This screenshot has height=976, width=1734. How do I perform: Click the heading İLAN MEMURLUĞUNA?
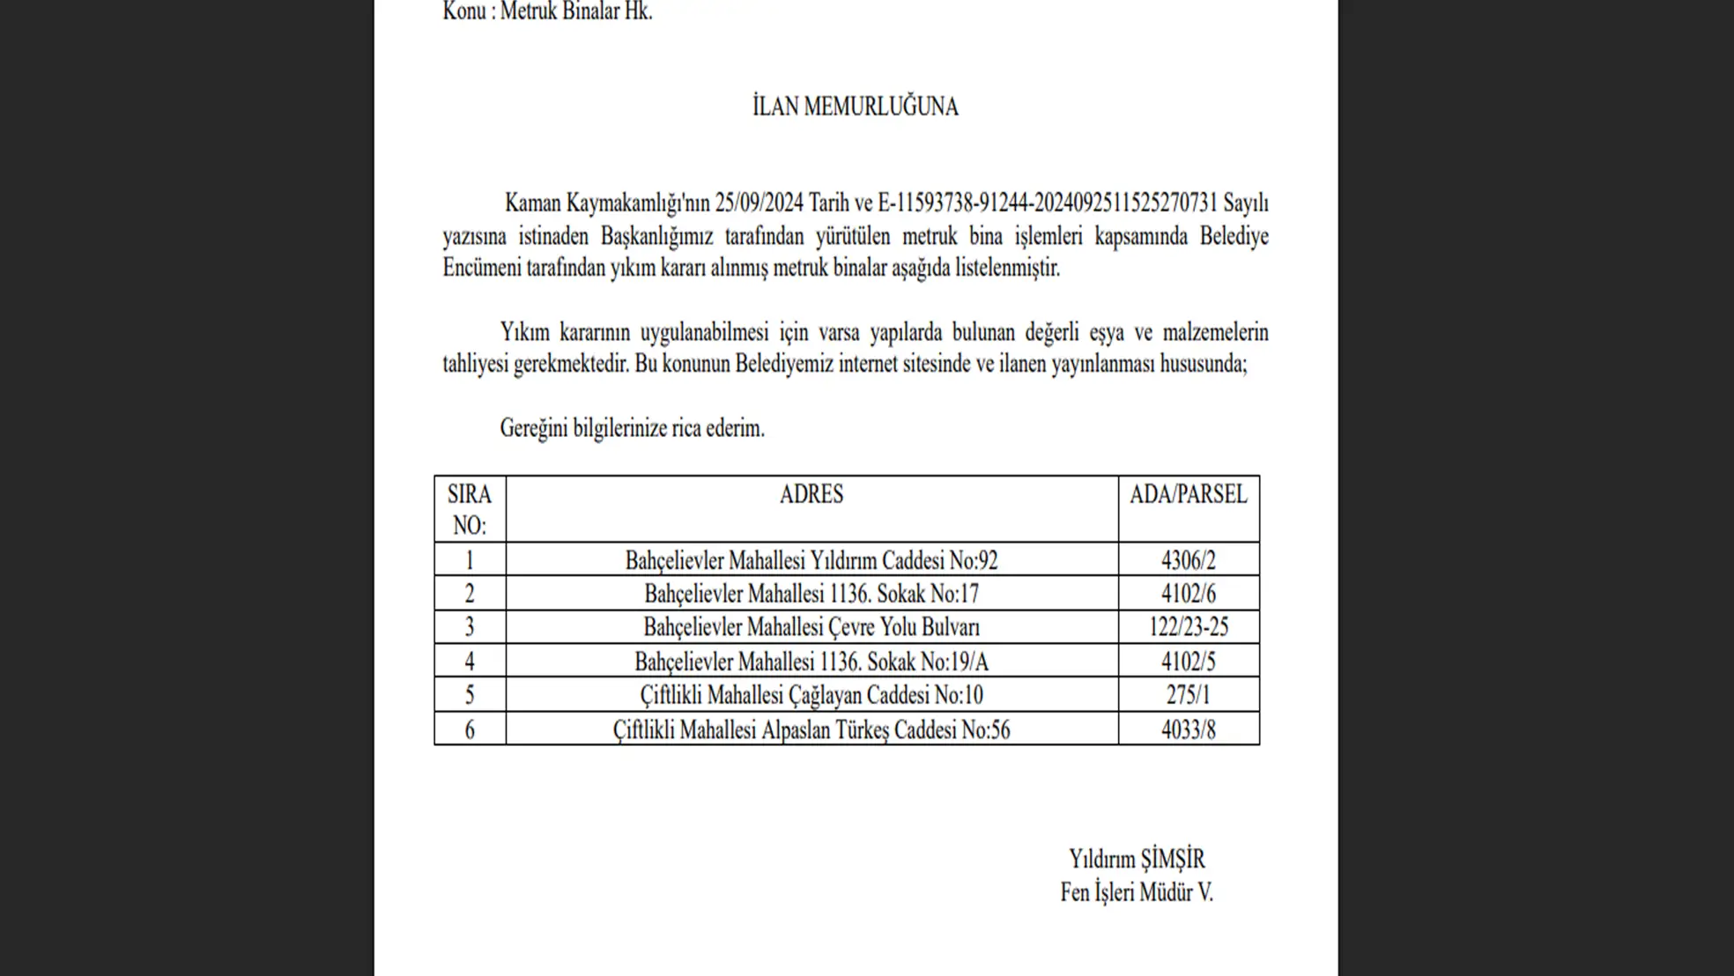pyautogui.click(x=855, y=107)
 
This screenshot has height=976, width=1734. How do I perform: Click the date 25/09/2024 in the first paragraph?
pyautogui.click(x=759, y=203)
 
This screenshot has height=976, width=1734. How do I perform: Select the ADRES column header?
pyautogui.click(x=811, y=494)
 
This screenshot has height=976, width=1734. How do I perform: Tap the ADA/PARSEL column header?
pyautogui.click(x=1188, y=494)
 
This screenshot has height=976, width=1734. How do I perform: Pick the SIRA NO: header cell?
pyautogui.click(x=469, y=509)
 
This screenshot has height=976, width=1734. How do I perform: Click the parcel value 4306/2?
pyautogui.click(x=1188, y=560)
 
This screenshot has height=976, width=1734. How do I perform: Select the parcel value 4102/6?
pyautogui.click(x=1188, y=594)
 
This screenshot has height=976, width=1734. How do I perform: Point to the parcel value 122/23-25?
pyautogui.click(x=1188, y=627)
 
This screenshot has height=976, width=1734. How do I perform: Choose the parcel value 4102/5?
pyautogui.click(x=1188, y=662)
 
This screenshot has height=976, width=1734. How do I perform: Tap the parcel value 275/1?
pyautogui.click(x=1188, y=695)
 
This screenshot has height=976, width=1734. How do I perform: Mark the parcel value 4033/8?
pyautogui.click(x=1188, y=729)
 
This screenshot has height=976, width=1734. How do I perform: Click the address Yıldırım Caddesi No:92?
pyautogui.click(x=811, y=560)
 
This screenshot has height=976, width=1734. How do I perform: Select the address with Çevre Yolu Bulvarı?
pyautogui.click(x=811, y=627)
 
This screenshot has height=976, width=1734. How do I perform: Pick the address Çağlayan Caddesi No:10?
pyautogui.click(x=811, y=695)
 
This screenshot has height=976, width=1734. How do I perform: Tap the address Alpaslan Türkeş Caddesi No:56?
pyautogui.click(x=811, y=729)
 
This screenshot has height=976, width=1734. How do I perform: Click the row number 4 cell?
pyautogui.click(x=469, y=662)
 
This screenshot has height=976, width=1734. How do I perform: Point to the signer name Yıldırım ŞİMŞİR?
pyautogui.click(x=1137, y=859)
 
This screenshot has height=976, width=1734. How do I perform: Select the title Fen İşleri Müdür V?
pyautogui.click(x=1137, y=892)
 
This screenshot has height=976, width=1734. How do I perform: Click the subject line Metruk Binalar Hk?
pyautogui.click(x=575, y=11)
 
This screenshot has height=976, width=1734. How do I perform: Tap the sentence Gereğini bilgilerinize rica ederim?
pyautogui.click(x=632, y=428)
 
